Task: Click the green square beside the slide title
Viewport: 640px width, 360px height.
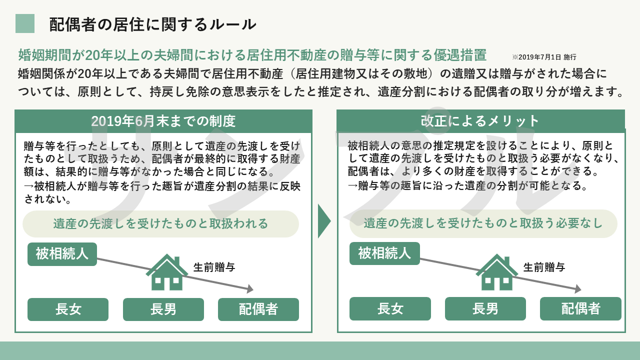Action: pyautogui.click(x=25, y=23)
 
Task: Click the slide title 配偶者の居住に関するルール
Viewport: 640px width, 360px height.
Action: pyautogui.click(x=153, y=24)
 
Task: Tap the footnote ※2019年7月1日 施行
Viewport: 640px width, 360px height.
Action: pyautogui.click(x=544, y=57)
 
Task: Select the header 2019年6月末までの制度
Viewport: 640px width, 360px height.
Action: pyautogui.click(x=163, y=121)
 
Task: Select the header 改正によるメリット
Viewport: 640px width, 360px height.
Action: pyautogui.click(x=480, y=121)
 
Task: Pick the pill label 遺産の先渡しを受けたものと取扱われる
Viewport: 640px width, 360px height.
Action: pyautogui.click(x=160, y=223)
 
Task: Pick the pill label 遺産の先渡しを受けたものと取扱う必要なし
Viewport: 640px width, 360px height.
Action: pyautogui.click(x=483, y=223)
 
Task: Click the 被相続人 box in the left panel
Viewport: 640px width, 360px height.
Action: pyautogui.click(x=62, y=254)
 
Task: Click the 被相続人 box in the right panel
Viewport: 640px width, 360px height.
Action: pyautogui.click(x=384, y=253)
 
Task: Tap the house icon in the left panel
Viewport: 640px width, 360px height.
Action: pyautogui.click(x=167, y=272)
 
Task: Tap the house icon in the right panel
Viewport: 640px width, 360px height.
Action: pyautogui.click(x=497, y=272)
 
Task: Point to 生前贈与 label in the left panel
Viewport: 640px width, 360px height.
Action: pyautogui.click(x=214, y=267)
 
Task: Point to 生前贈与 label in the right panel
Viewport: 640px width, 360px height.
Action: pyautogui.click(x=544, y=267)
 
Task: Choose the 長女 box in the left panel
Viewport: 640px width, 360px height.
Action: pyautogui.click(x=68, y=309)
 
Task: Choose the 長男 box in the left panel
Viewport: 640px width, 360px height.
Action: pyautogui.click(x=163, y=309)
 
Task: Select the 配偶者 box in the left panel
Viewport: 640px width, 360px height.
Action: pyautogui.click(x=258, y=309)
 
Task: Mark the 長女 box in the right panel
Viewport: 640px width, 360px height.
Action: pyautogui.click(x=390, y=309)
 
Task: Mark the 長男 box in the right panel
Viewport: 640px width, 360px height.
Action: pyautogui.click(x=485, y=309)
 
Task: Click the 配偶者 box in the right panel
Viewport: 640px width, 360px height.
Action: pyautogui.click(x=580, y=309)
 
